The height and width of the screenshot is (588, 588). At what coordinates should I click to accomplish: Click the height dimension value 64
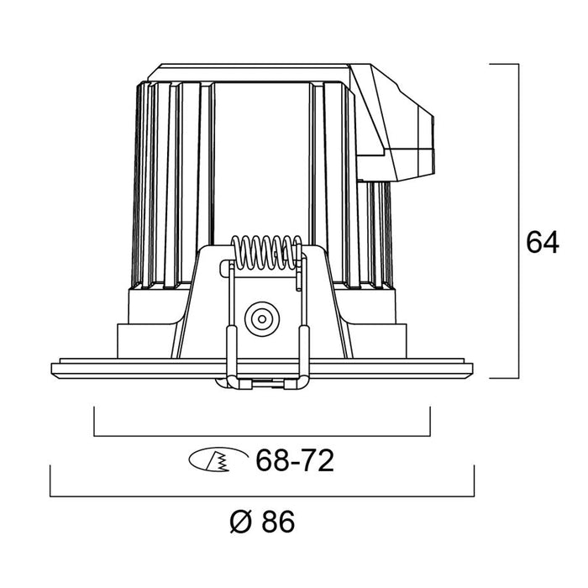click(x=543, y=243)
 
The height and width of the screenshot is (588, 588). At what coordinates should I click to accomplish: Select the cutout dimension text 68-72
click(x=294, y=460)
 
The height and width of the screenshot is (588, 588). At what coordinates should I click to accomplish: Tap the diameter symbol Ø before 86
click(x=240, y=522)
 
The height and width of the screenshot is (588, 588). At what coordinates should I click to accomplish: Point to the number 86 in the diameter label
click(x=278, y=522)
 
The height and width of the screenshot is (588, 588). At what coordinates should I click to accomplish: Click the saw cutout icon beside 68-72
click(x=218, y=459)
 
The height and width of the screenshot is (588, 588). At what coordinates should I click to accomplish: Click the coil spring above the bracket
click(x=266, y=252)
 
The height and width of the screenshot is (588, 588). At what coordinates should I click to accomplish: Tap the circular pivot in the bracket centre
click(x=262, y=319)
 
